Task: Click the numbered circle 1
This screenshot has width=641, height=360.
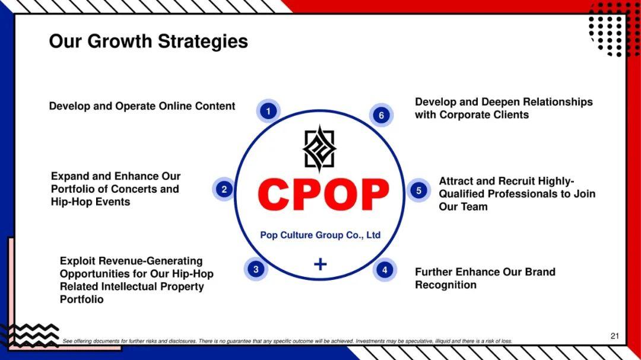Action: pyautogui.click(x=268, y=111)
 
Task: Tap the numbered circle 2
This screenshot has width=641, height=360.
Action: pyautogui.click(x=224, y=189)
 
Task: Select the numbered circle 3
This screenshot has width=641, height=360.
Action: pyautogui.click(x=256, y=269)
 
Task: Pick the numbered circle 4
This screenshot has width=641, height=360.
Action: pyautogui.click(x=385, y=270)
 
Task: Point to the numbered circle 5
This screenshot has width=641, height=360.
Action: pyautogui.click(x=418, y=190)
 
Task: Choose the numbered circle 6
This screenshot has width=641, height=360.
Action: pyautogui.click(x=382, y=115)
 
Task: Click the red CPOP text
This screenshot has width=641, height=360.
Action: pyautogui.click(x=323, y=195)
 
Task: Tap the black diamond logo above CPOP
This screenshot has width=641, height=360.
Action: pyautogui.click(x=320, y=149)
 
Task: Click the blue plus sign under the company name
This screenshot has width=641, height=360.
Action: pyautogui.click(x=320, y=265)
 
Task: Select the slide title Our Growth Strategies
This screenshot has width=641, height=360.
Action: pyautogui.click(x=148, y=42)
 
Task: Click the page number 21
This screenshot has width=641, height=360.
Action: pyautogui.click(x=615, y=336)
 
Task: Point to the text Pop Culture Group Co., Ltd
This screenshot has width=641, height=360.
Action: pyautogui.click(x=320, y=235)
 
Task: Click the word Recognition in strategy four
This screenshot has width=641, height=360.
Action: pyautogui.click(x=446, y=285)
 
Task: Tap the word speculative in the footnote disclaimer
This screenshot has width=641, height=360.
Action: pyautogui.click(x=418, y=341)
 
